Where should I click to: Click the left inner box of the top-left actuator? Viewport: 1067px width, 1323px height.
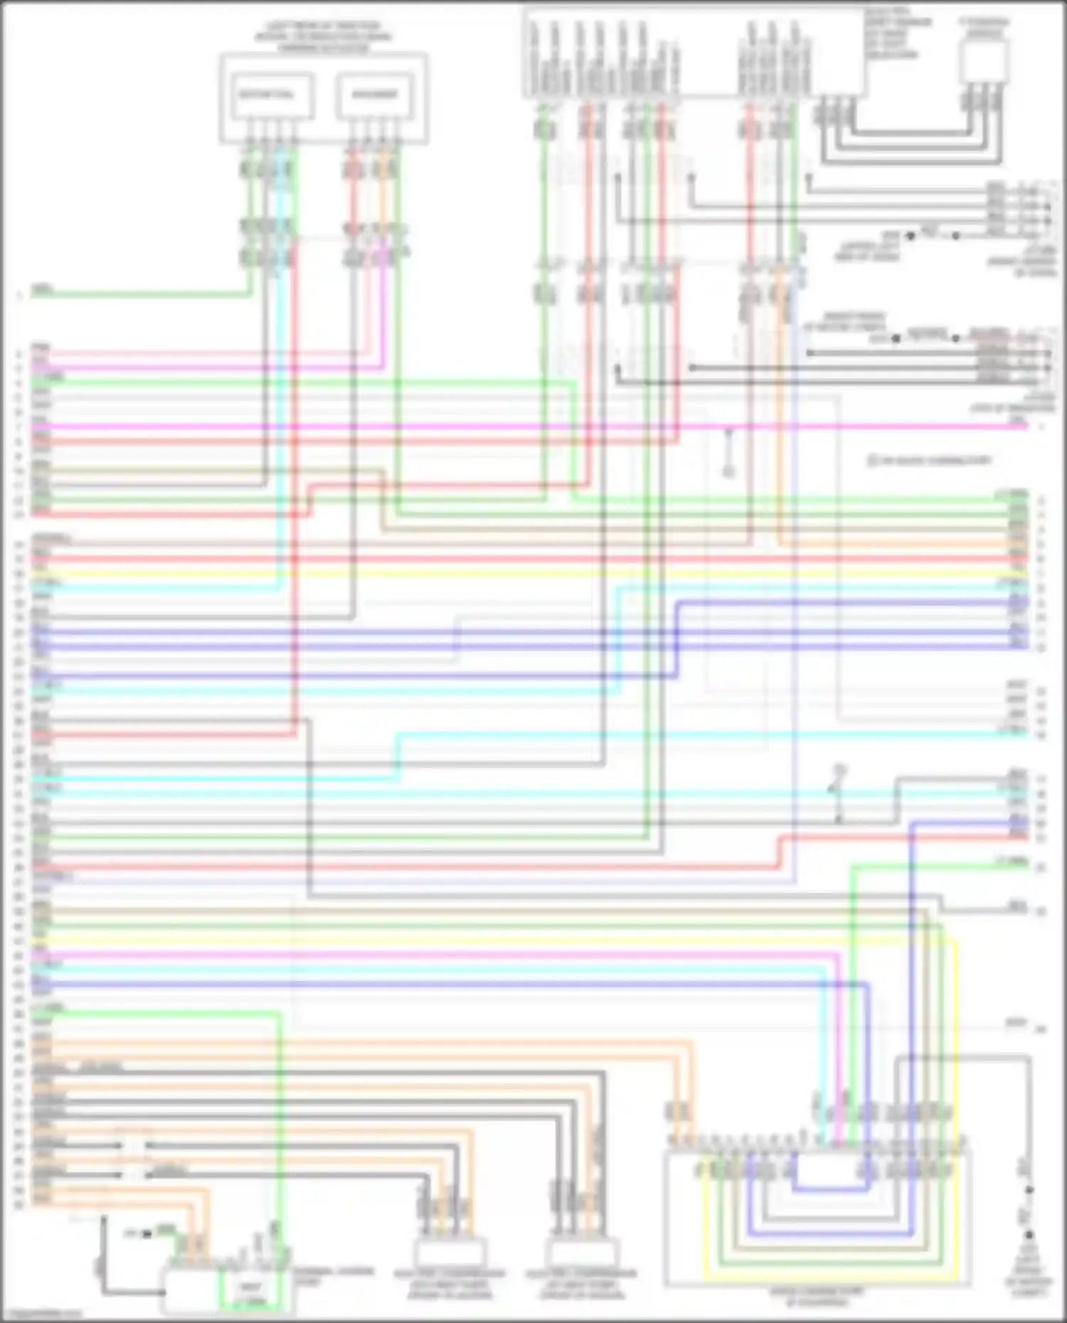point(270,95)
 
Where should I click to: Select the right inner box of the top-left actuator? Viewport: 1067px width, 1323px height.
point(375,95)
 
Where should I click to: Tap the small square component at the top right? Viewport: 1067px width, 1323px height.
point(984,61)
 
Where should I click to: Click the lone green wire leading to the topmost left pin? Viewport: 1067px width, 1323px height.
point(142,293)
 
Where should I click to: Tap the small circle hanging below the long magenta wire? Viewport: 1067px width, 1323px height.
point(728,470)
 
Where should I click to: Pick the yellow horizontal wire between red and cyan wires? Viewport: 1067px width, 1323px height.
point(498,573)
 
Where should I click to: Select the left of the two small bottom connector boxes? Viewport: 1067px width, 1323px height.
point(450,1253)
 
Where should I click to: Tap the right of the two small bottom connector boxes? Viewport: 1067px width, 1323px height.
point(581,1253)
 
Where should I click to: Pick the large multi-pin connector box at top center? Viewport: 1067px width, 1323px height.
point(694,53)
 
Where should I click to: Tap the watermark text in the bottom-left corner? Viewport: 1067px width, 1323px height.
point(41,1314)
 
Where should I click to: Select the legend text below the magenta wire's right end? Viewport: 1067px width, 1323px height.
point(928,461)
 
